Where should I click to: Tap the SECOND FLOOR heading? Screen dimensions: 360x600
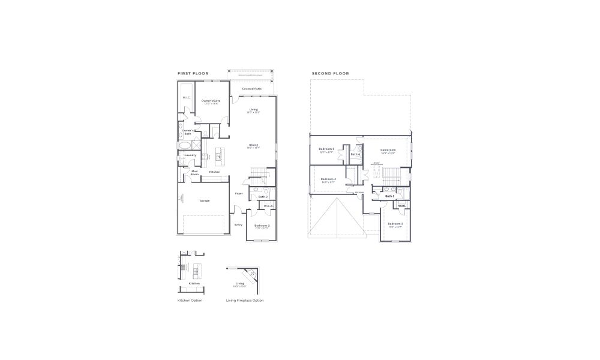330,73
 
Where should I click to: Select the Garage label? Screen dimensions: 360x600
205,200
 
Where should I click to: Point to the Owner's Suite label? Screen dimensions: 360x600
211,101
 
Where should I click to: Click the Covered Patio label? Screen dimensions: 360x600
252,88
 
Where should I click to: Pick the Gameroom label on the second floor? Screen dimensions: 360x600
388,150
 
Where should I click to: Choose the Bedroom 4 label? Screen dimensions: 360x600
328,179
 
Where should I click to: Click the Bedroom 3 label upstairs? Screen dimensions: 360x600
395,223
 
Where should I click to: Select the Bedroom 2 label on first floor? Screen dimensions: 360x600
262,225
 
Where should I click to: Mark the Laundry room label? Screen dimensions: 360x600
190,155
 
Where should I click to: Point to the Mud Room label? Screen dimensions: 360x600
194,173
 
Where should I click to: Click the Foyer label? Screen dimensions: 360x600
239,193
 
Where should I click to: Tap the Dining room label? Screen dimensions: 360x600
254,145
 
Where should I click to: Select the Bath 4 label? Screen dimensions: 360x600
355,154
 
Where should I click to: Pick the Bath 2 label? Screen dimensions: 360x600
262,196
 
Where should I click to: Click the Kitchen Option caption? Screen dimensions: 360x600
190,300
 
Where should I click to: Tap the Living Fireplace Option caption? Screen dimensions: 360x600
244,300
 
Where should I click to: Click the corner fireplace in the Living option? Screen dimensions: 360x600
251,277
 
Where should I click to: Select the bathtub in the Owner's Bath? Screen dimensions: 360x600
183,145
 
